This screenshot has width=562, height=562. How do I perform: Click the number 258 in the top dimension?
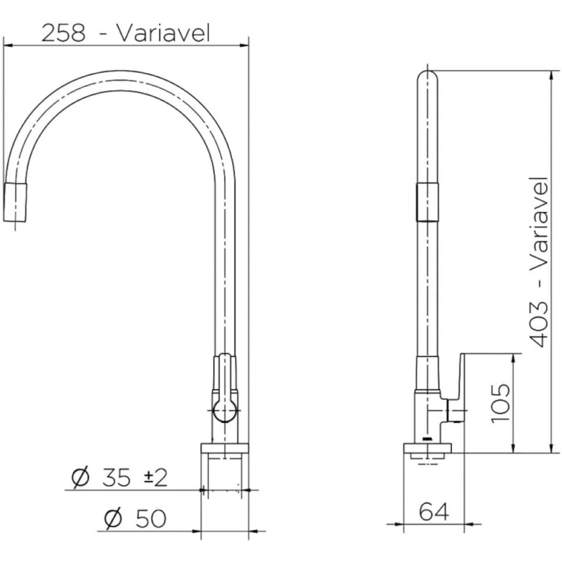[64, 33]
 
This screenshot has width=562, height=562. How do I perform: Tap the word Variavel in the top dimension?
[164, 33]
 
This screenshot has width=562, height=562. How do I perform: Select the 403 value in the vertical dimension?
[538, 325]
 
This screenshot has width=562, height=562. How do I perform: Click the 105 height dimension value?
[500, 403]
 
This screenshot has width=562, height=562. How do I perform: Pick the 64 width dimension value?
[433, 511]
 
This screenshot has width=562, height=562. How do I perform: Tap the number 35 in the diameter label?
[116, 478]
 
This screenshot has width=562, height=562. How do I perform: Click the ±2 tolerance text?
[155, 478]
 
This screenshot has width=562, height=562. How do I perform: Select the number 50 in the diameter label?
[151, 518]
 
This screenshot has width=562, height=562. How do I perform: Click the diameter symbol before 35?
[80, 478]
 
